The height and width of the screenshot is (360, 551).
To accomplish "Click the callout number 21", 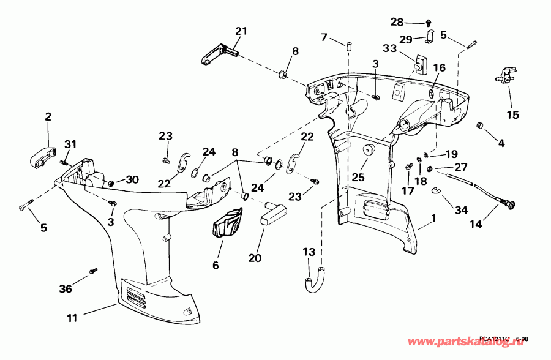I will [241, 31].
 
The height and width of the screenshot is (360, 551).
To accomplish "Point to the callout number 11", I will [73, 317].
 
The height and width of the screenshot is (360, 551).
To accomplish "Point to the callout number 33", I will [390, 48].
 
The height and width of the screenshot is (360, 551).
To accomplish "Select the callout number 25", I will [358, 178].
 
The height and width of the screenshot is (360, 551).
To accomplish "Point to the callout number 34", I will [461, 210].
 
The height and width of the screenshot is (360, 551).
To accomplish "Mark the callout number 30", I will [133, 180].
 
